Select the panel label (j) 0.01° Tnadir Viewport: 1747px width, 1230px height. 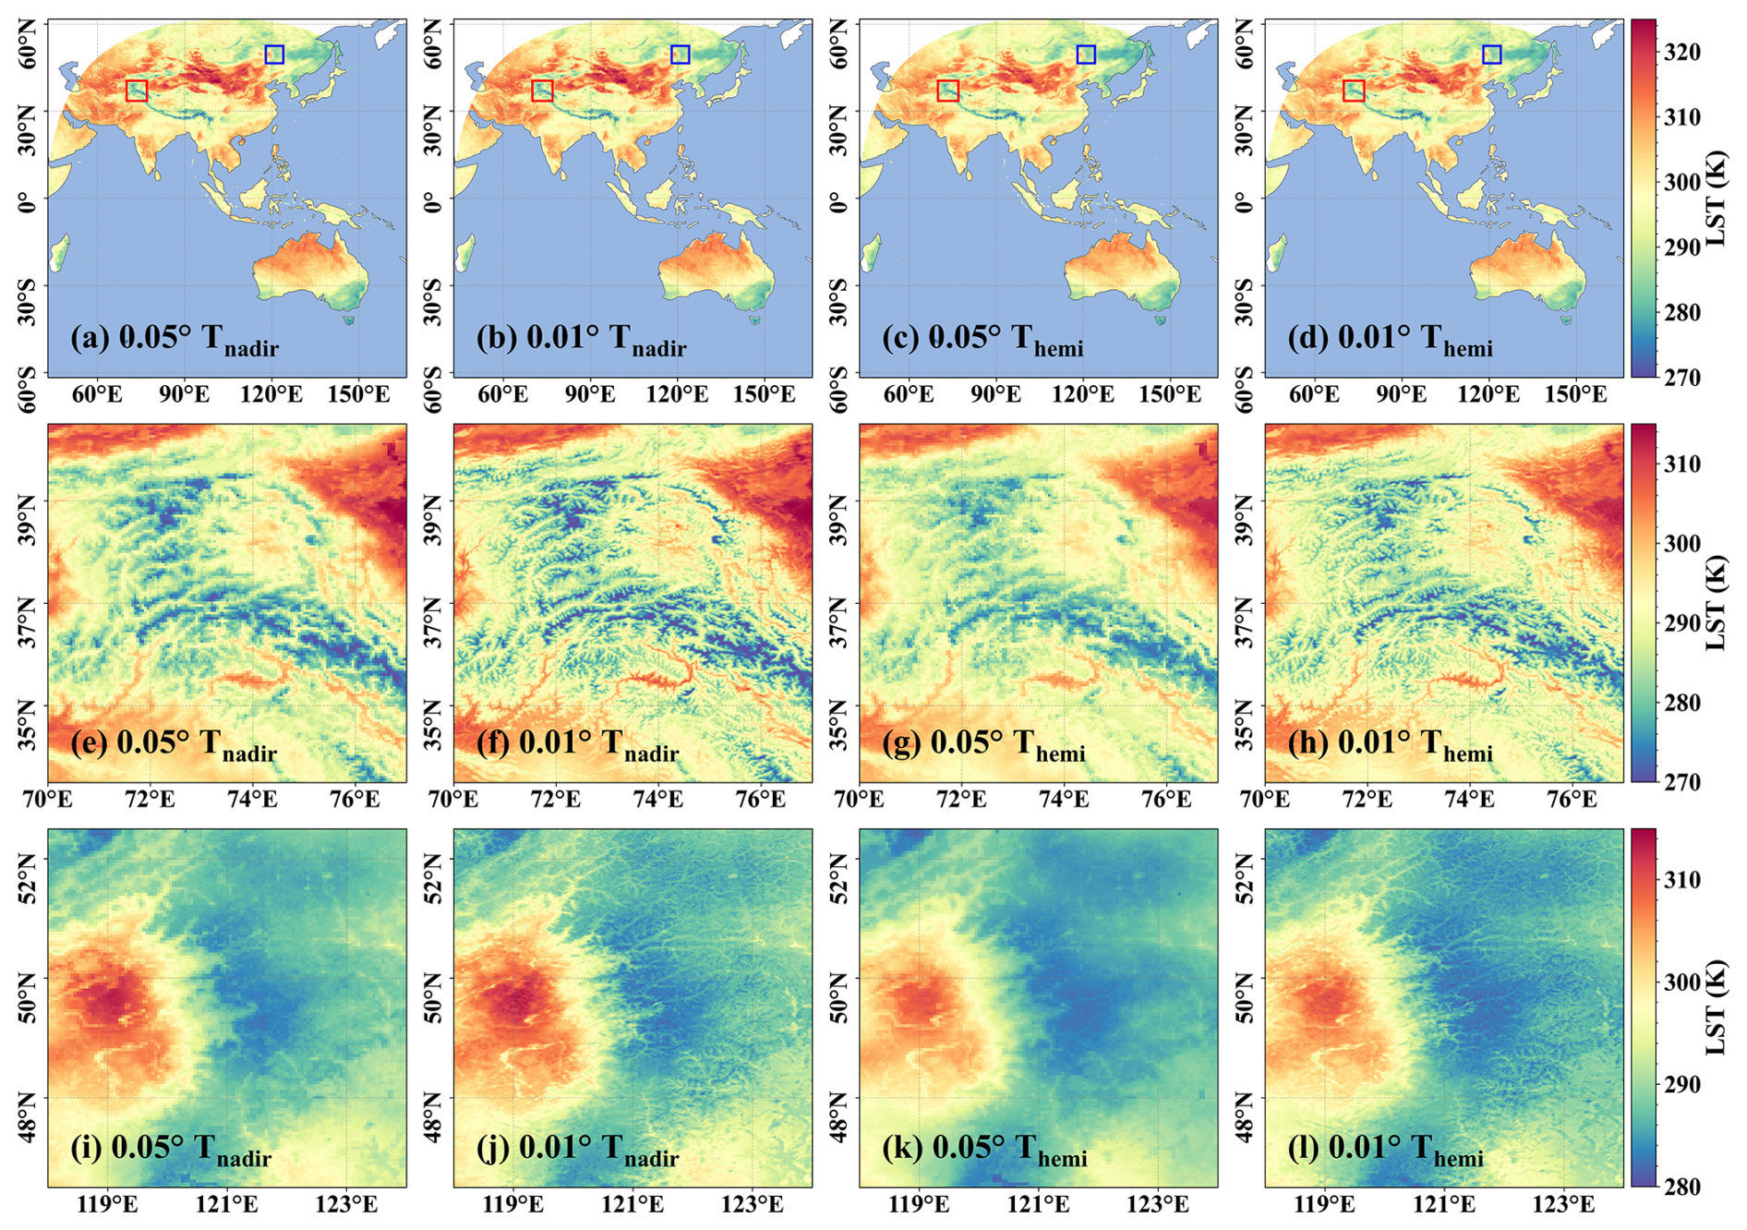[578, 1150]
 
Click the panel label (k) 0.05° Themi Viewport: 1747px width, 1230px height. [984, 1150]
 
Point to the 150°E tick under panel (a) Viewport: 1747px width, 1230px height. [359, 394]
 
